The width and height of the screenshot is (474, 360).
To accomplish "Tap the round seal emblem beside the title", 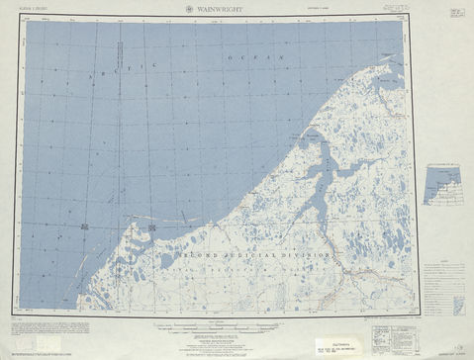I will (x=190, y=9).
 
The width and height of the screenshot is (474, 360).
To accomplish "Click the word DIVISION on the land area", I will (x=315, y=250).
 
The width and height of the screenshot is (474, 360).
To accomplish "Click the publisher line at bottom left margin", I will (x=59, y=351).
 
